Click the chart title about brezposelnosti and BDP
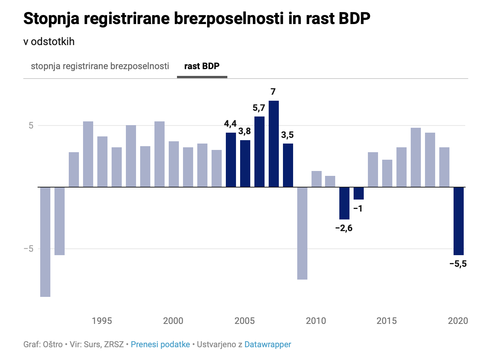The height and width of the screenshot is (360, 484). point(197,18)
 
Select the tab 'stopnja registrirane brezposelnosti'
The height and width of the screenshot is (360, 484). point(100,66)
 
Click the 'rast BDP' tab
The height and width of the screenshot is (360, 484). point(202,66)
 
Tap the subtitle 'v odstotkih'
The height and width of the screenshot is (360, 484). point(49,41)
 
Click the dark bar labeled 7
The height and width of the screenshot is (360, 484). point(274,144)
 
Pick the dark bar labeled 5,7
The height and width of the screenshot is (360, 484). point(259,151)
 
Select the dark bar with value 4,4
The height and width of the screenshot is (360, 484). point(231,160)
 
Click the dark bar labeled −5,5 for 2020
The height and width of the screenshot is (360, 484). point(458,221)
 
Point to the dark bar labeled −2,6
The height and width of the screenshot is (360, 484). point(344,203)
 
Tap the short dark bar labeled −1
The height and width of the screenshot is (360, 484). point(358,193)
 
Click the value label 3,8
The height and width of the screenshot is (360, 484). point(245,131)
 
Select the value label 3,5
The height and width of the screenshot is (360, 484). point(287,135)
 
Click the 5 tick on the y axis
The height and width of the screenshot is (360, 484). point(31,126)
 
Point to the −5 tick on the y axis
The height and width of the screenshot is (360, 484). point(29,249)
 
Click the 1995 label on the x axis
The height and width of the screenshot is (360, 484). point(102,321)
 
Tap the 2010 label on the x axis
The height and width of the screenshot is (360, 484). point(316,321)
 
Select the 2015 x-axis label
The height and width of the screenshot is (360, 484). point(387,321)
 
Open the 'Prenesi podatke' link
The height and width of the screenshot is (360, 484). point(160,344)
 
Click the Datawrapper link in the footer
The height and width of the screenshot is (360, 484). point(268,344)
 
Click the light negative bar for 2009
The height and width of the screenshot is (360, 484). point(302,233)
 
